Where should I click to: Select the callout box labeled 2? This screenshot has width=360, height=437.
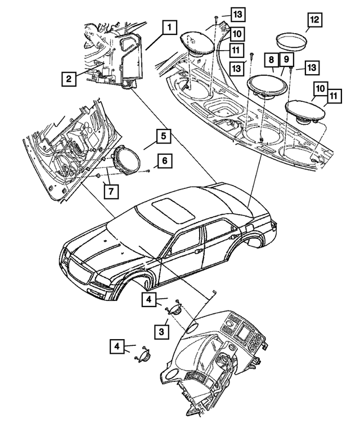pos(67,79)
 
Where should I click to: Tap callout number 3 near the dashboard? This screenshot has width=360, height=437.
pos(161,332)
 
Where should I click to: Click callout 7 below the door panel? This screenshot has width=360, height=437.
pos(111,191)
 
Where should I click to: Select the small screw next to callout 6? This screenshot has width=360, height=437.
pos(147,170)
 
